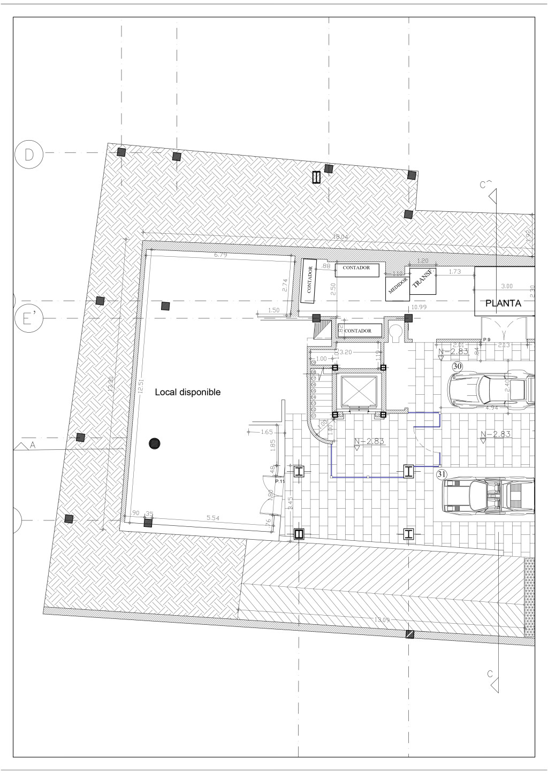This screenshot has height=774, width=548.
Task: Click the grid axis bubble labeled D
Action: pyautogui.click(x=29, y=155)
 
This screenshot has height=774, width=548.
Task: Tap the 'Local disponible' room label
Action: pyautogui.click(x=187, y=392)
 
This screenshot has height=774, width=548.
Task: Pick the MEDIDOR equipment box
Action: pyautogui.click(x=398, y=286)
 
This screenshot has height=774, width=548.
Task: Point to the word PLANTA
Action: pyautogui.click(x=503, y=303)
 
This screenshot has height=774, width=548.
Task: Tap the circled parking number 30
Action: pyautogui.click(x=457, y=366)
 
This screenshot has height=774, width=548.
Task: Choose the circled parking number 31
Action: pyautogui.click(x=442, y=473)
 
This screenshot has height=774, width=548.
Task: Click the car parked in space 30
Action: pyautogui.click(x=491, y=389)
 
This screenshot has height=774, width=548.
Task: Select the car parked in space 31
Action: pyautogui.click(x=488, y=496)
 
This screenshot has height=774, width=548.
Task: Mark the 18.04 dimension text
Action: pyautogui.click(x=340, y=236)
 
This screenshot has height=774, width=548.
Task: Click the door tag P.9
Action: pyautogui.click(x=486, y=340)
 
